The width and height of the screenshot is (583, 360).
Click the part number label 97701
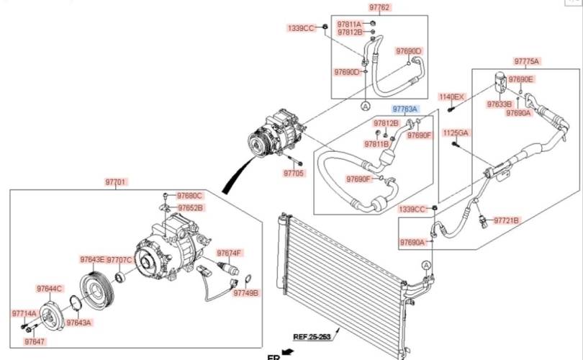(116, 182)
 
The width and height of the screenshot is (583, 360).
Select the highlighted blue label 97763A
(405, 109)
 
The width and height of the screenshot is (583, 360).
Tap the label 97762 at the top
(379, 7)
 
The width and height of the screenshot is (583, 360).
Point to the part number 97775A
(526, 61)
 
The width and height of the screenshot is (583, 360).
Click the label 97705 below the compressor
(294, 173)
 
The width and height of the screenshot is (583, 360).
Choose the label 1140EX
(452, 97)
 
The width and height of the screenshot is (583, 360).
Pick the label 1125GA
(456, 132)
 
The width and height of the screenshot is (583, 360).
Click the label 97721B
(506, 220)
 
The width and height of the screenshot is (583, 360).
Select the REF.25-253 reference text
(312, 337)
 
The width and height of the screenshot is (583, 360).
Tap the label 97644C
(50, 289)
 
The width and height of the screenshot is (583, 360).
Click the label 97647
(35, 341)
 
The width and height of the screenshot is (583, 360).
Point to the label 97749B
(245, 293)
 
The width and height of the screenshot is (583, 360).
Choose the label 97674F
(229, 253)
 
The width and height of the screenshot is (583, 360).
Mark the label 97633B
(500, 104)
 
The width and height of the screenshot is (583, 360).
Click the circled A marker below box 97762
(366, 106)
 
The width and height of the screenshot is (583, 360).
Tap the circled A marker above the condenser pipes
(426, 265)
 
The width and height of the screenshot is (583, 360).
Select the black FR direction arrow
(288, 351)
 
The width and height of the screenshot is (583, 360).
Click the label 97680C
(189, 196)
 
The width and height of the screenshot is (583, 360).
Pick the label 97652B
(191, 208)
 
